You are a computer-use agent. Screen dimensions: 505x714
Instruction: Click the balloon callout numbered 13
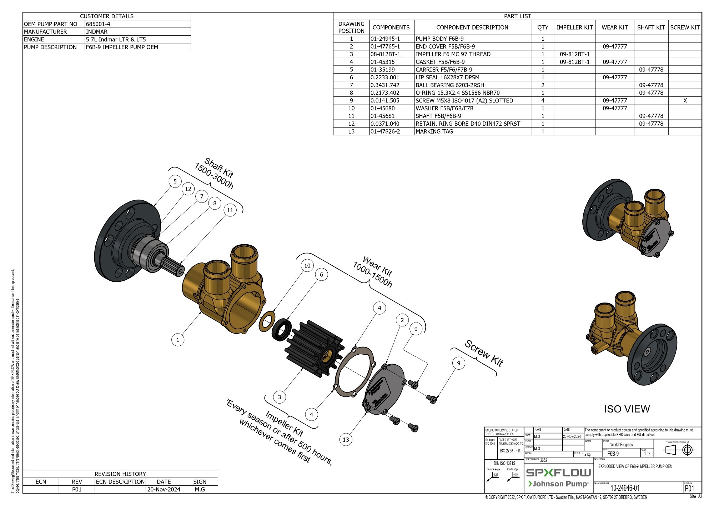pos(346,440)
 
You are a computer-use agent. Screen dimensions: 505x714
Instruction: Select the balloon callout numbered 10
pos(307,266)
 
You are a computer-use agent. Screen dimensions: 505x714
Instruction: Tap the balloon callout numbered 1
pos(178,340)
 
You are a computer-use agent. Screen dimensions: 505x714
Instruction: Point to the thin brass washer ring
pos(267,321)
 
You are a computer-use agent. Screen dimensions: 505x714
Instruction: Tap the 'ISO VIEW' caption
pos(627,409)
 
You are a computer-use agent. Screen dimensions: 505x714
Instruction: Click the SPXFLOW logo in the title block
pos(558,473)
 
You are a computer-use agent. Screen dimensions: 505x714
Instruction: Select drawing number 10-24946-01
pos(625,488)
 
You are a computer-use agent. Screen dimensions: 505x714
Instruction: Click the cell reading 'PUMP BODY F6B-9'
pos(439,39)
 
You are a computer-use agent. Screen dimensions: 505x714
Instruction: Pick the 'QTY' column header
pos(543,27)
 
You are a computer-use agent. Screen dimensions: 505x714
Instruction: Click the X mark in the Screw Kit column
pos(685,101)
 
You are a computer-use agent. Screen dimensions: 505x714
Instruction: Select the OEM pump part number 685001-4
pos(98,24)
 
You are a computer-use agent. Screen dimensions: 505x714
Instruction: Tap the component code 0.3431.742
pos(384,85)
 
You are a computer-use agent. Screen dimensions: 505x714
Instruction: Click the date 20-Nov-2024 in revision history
pos(164,489)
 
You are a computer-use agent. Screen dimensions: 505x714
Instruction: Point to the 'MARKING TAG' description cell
pos(434,131)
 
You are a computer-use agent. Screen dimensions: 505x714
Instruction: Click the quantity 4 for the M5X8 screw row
pos(543,101)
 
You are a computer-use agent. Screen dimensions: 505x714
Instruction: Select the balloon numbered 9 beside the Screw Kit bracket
pos(458,364)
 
